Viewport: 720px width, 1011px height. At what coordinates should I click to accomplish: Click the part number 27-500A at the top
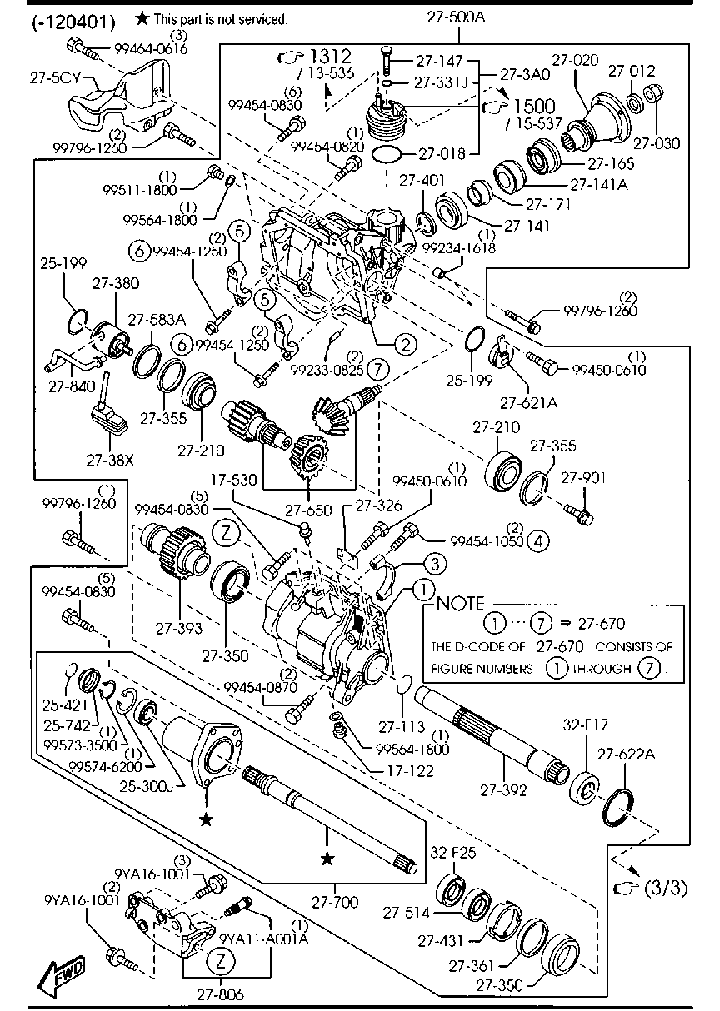pos(456,15)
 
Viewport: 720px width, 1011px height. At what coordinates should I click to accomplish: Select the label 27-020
pos(576,60)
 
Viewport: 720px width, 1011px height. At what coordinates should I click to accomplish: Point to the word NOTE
pos(460,603)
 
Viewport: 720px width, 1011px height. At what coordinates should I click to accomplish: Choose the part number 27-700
pos(336,901)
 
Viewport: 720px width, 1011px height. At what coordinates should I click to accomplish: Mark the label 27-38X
pos(109,458)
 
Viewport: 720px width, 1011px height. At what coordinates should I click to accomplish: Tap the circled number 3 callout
pos(432,565)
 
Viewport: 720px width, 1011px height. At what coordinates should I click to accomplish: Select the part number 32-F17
pos(588,724)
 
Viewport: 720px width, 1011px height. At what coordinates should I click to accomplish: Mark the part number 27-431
pos(441,940)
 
